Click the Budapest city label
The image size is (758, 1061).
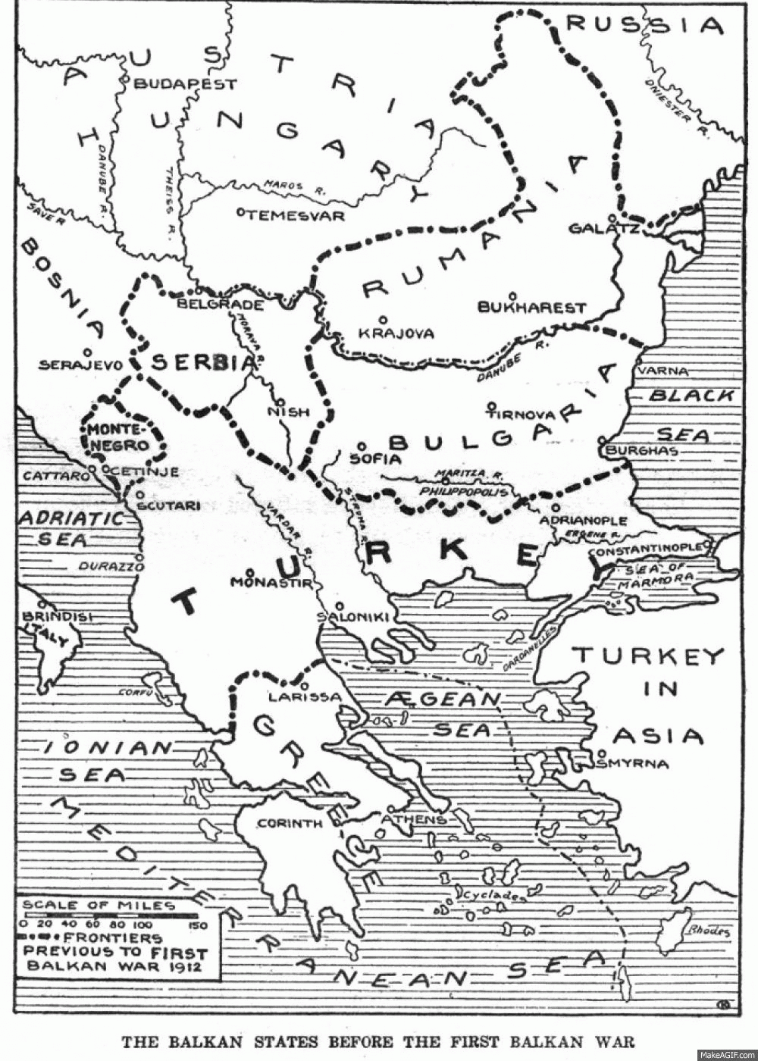[186, 84]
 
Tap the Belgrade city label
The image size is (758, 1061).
[220, 305]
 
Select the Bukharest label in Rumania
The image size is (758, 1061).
[532, 308]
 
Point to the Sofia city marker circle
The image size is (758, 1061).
[362, 446]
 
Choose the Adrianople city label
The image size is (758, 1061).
[584, 521]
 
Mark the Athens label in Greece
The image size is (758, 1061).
[414, 820]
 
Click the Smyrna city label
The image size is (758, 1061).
[633, 764]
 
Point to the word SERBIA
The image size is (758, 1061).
[202, 363]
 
